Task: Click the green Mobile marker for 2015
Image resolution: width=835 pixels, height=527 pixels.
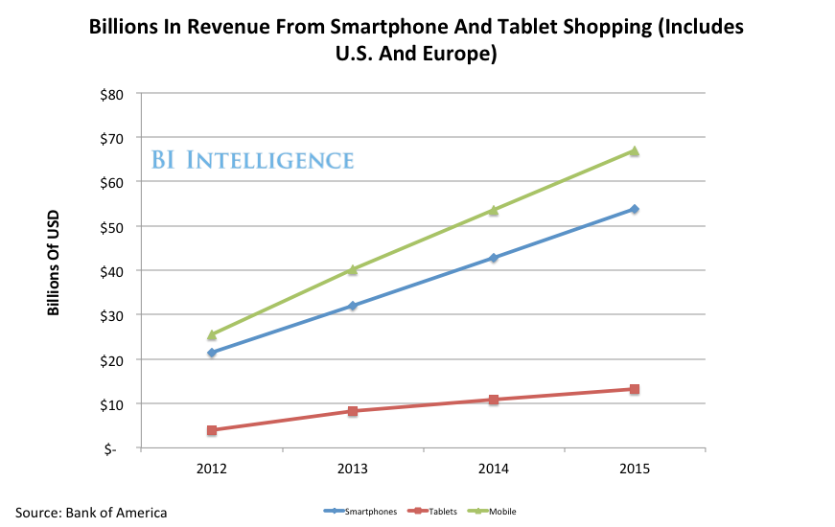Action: [634, 150]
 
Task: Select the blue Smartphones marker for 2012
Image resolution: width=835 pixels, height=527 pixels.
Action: [212, 353]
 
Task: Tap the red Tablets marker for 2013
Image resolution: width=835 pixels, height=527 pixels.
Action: [353, 411]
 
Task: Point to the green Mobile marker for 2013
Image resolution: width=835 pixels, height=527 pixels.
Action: [353, 269]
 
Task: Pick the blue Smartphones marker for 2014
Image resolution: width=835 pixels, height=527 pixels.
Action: [494, 258]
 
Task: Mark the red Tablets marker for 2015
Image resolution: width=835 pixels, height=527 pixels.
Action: [634, 389]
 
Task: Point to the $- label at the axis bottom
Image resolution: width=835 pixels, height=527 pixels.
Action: [117, 448]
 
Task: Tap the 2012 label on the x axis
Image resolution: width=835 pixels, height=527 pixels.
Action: [212, 470]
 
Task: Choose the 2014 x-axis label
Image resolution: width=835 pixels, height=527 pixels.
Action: [494, 470]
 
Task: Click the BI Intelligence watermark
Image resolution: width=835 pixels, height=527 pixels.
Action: [253, 160]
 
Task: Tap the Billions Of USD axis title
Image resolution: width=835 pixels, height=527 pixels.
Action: [55, 263]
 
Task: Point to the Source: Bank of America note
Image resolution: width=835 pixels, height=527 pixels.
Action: [90, 513]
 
